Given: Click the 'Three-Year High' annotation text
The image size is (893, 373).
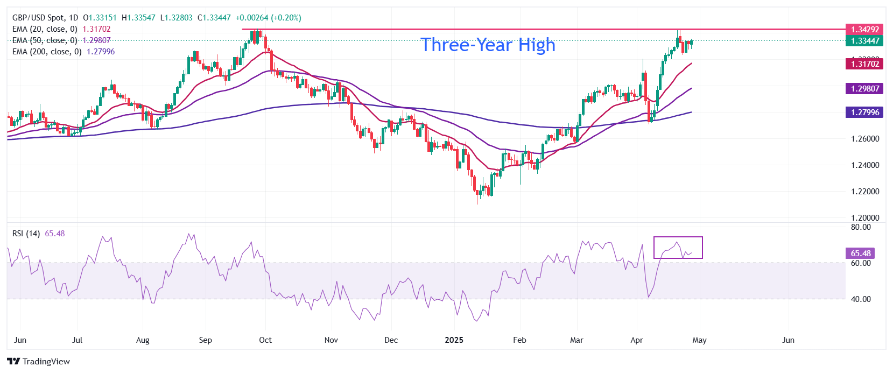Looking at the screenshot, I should (x=487, y=45).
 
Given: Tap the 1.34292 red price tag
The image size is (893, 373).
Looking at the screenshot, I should (x=864, y=30).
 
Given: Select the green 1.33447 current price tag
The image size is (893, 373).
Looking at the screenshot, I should (x=864, y=41).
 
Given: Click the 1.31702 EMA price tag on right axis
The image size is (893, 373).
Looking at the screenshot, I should (x=864, y=64).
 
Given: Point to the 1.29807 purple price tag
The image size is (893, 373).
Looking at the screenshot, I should (x=864, y=89).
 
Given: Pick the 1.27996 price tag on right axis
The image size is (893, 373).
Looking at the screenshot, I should (x=864, y=112).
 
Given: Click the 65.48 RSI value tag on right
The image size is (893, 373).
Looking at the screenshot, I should (x=860, y=254).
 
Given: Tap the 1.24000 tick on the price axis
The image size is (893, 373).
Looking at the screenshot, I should (x=864, y=165).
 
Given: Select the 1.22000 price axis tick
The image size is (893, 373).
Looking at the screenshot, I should (x=864, y=192).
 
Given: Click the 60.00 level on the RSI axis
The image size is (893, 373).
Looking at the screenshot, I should (x=860, y=263).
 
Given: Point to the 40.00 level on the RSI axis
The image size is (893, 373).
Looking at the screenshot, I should (x=860, y=299).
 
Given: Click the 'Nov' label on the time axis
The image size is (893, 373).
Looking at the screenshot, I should (x=331, y=340).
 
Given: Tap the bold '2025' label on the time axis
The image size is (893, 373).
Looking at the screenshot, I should (x=454, y=340).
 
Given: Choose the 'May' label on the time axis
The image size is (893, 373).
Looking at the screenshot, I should (x=699, y=340).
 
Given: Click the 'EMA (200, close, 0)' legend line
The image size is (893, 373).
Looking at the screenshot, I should (x=47, y=52).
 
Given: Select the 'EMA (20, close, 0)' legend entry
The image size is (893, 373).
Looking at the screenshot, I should (x=45, y=29).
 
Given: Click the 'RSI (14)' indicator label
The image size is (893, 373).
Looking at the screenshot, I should (x=26, y=234).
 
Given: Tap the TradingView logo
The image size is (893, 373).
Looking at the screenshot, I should (x=39, y=361).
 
